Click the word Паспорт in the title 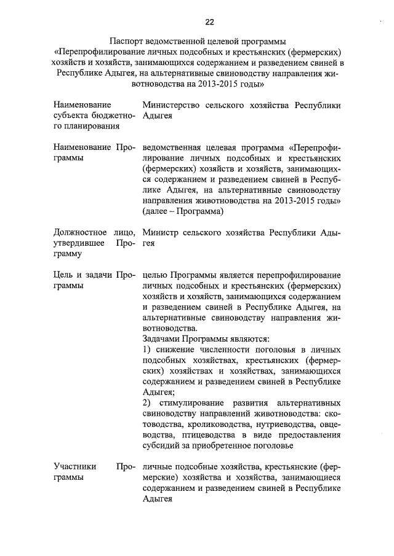tap(127, 41)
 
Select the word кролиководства tap(213, 424)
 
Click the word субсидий tap(163, 445)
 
